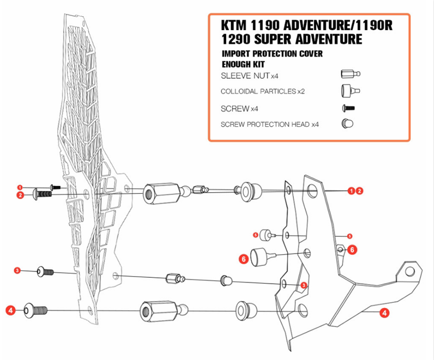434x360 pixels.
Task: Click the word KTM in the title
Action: (236, 26)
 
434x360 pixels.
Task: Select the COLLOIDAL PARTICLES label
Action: (258, 91)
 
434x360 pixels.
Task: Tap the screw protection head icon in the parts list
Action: (348, 123)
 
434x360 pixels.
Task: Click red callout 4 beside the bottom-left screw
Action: (10, 311)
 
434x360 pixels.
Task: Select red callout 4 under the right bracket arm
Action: (383, 313)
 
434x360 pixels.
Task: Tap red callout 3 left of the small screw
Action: (17, 270)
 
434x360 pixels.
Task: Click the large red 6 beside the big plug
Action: (244, 260)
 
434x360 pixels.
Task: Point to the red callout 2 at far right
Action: (359, 190)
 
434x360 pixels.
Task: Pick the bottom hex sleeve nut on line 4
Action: (154, 311)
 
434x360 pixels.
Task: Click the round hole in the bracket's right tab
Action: (410, 271)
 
